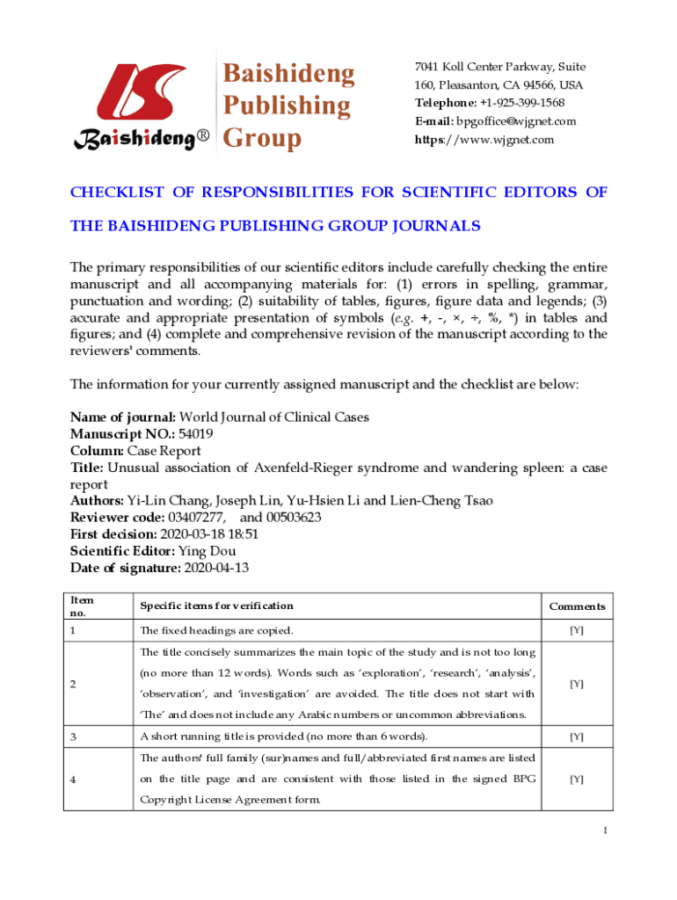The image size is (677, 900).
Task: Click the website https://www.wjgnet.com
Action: point(484,140)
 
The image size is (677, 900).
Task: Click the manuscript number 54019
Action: point(195,434)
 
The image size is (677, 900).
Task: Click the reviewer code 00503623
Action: point(291,518)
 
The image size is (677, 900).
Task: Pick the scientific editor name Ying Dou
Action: point(207,551)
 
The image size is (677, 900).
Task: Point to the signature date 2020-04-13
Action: point(217,568)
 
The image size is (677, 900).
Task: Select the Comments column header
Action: point(577,606)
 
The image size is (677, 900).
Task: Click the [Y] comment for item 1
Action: point(577,631)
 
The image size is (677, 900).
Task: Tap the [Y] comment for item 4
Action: point(577,779)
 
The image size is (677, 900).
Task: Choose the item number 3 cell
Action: point(74,737)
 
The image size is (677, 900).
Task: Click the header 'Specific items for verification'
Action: point(216,606)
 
